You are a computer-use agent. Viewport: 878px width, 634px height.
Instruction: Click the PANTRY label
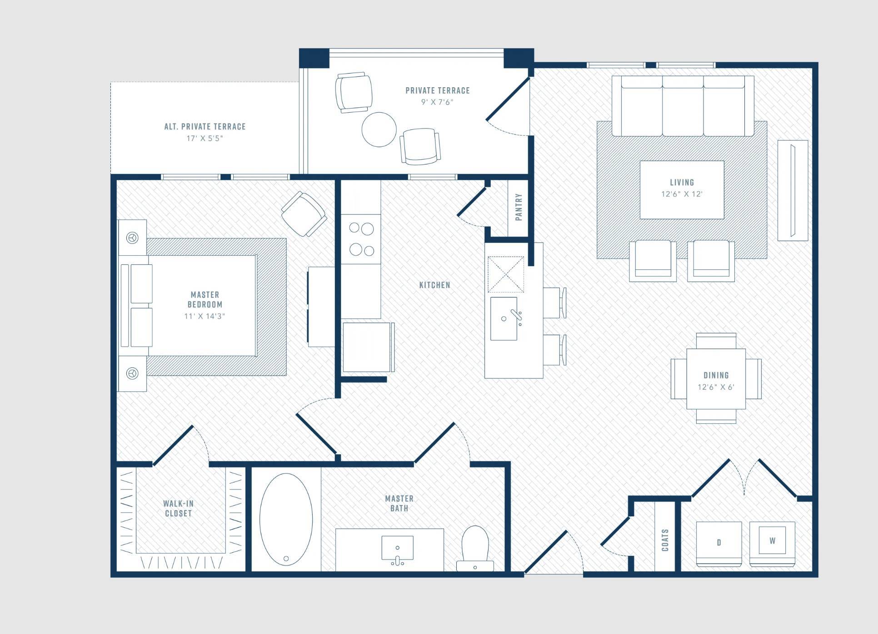pyautogui.click(x=519, y=207)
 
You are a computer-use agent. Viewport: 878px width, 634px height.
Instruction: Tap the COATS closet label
pyautogui.click(x=665, y=540)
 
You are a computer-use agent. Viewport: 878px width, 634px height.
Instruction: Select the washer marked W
pyautogui.click(x=772, y=544)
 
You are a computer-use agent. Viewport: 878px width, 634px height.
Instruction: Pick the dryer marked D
pyautogui.click(x=719, y=544)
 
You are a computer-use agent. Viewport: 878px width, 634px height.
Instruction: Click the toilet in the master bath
pyautogui.click(x=475, y=548)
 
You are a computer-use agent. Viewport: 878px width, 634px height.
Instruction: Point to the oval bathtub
pyautogui.click(x=286, y=520)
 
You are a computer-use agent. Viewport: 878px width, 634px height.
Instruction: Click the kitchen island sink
pyautogui.click(x=504, y=318)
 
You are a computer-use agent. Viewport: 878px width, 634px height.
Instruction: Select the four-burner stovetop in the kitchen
pyautogui.click(x=361, y=239)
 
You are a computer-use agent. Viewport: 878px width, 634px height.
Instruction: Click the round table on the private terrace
pyautogui.click(x=379, y=129)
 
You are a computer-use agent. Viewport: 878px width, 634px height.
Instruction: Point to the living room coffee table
pyautogui.click(x=682, y=189)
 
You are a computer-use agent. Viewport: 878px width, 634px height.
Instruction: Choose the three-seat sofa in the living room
pyautogui.click(x=683, y=106)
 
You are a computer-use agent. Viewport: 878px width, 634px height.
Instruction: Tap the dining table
pyautogui.click(x=716, y=379)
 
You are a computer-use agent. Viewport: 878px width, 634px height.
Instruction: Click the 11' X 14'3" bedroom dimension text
pyautogui.click(x=205, y=316)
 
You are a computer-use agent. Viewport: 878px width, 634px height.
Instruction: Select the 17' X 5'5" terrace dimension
pyautogui.click(x=205, y=138)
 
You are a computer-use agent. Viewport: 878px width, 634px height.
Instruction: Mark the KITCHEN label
pyautogui.click(x=435, y=285)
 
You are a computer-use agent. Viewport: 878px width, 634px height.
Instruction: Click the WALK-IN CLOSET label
pyautogui.click(x=178, y=508)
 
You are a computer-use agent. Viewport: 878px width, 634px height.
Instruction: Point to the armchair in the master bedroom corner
pyautogui.click(x=304, y=214)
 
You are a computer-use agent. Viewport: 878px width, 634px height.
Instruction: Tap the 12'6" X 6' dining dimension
pyautogui.click(x=716, y=387)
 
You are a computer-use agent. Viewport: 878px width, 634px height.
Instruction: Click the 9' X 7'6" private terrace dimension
pyautogui.click(x=437, y=102)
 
